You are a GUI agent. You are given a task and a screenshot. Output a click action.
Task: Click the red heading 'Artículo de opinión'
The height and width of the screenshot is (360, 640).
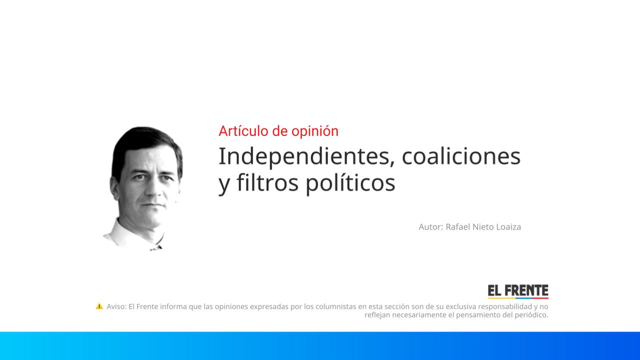tap(278, 131)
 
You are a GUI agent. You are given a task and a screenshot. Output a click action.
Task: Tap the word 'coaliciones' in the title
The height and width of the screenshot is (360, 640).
tap(461, 156)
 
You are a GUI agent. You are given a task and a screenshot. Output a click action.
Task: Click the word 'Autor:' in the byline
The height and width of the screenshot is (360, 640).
tap(430, 227)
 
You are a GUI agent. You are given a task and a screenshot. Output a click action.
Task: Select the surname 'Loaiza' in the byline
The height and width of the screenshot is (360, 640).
tap(508, 227)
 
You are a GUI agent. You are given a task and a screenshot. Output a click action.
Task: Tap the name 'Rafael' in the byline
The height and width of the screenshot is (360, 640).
tap(457, 227)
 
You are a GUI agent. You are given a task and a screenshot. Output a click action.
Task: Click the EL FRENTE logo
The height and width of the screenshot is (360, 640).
tap(518, 291)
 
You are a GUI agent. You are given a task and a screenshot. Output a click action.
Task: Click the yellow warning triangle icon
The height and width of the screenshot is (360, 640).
tap(99, 306)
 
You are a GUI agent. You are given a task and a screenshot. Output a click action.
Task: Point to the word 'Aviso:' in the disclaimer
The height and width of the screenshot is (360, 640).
tap(116, 306)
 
